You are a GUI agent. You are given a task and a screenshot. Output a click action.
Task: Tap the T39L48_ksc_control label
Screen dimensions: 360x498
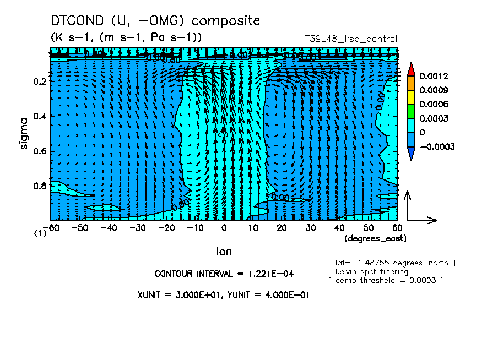click(x=350, y=39)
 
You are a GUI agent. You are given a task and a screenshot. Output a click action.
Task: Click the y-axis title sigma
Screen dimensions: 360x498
click(x=24, y=134)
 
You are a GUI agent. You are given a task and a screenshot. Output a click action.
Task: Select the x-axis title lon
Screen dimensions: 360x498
click(x=224, y=252)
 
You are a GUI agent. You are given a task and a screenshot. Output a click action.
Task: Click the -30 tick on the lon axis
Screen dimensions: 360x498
click(x=138, y=227)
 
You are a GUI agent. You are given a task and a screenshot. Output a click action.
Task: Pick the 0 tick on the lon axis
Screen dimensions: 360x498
click(x=224, y=227)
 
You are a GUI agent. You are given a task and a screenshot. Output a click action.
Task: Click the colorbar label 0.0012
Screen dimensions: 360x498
click(x=434, y=75)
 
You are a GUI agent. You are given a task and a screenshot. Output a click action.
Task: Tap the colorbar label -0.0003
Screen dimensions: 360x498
click(x=437, y=147)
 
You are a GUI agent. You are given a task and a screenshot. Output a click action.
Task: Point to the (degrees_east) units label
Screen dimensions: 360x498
click(x=375, y=238)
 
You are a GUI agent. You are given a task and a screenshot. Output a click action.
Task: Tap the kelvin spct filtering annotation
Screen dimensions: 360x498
click(x=368, y=272)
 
